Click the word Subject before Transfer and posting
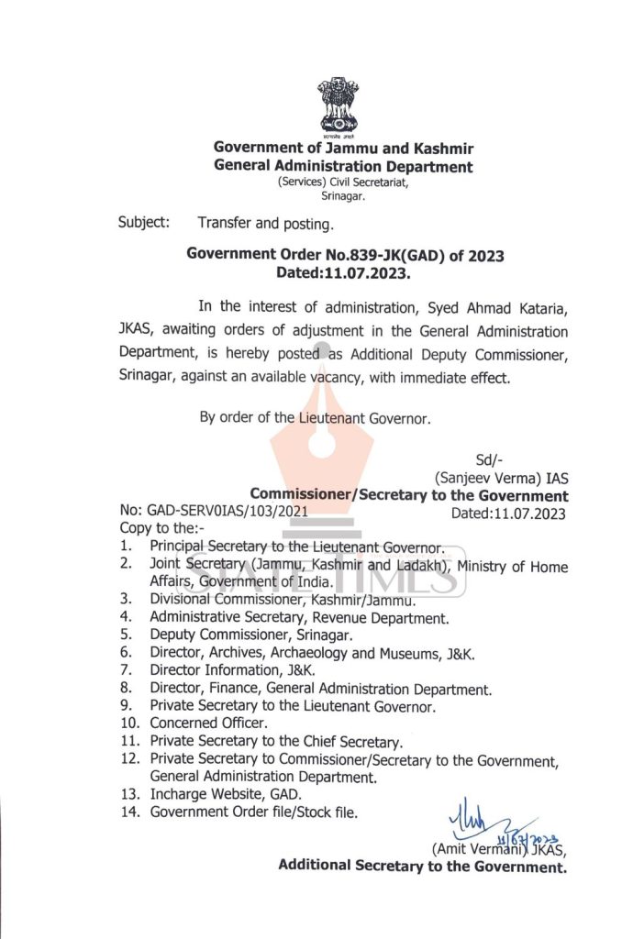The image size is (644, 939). point(143,222)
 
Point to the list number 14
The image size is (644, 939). point(128,812)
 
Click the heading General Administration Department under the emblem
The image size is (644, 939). point(343,167)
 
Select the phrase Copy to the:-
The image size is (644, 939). point(162,528)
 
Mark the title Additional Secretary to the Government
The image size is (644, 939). point(423,865)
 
